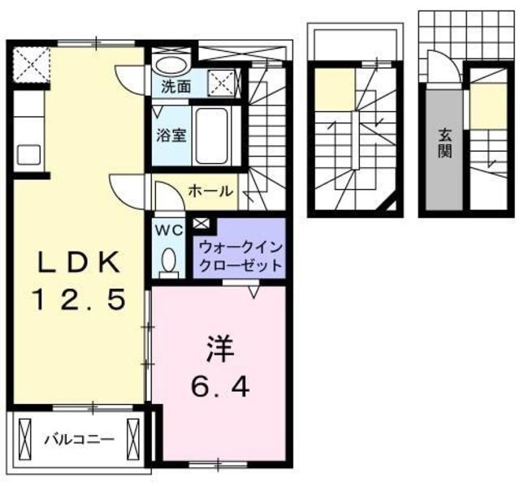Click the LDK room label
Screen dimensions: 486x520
point(78,262)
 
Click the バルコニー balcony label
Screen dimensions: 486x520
point(79,440)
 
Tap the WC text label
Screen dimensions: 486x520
point(170,230)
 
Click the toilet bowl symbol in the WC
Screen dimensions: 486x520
point(170,260)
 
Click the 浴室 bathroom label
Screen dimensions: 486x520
point(172,135)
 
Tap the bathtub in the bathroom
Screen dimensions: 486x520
point(214,135)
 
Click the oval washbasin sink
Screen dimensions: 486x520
point(172,67)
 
